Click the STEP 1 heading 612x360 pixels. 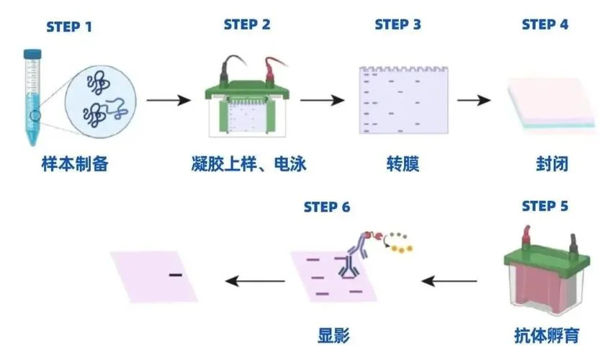tap(69, 27)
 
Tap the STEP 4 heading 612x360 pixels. tap(545, 24)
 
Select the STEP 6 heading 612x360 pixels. tap(327, 207)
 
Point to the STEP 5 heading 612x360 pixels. tap(545, 206)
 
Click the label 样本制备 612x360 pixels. tap(75, 163)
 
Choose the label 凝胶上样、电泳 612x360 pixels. tap(248, 163)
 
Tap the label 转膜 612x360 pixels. tap(402, 163)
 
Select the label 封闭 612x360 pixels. tap(552, 163)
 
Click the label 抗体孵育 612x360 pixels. tap(546, 336)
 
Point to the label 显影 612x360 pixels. tap(333, 336)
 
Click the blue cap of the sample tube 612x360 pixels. tap(32, 54)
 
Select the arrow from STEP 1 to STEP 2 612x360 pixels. tap(168, 100)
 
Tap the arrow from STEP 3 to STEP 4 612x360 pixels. tap(474, 100)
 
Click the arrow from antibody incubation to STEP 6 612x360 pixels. tap(449, 281)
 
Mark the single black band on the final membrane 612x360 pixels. tap(176, 275)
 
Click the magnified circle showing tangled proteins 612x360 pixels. tap(101, 102)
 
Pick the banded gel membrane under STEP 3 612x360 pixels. tap(404, 100)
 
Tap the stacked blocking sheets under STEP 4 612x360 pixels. tap(552, 104)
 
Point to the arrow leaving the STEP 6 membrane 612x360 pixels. tap(256, 281)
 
